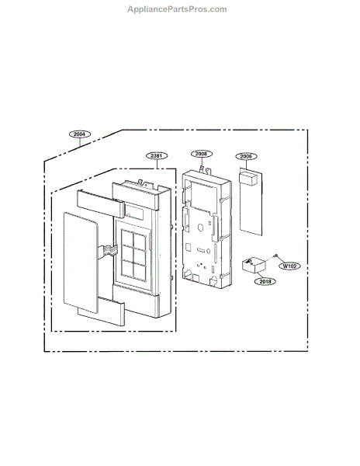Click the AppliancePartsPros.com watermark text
(177, 9)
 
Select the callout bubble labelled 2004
(79, 134)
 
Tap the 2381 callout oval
(157, 156)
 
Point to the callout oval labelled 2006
(246, 156)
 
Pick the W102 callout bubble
(289, 266)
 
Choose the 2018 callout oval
(265, 281)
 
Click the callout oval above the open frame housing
(202, 154)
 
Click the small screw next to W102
(276, 256)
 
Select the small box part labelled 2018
(254, 265)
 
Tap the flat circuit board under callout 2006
(251, 202)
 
